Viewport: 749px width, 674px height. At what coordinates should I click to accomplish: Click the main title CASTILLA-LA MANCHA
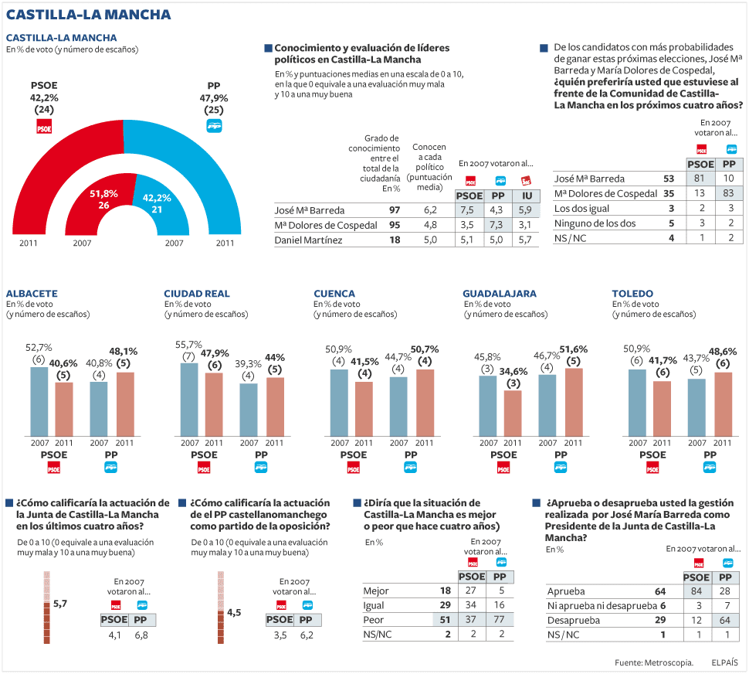89,15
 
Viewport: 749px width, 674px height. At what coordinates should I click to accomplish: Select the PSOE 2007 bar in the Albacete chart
39,401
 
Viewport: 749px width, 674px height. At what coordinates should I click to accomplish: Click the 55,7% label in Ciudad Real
189,345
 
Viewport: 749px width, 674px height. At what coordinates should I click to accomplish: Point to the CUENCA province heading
334,294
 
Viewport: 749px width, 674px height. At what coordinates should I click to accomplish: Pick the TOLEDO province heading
632,294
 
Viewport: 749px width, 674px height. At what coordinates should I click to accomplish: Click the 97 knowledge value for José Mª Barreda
394,209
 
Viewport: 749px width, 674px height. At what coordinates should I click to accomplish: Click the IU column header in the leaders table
526,196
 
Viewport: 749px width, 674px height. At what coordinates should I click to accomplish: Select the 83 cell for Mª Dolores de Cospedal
728,193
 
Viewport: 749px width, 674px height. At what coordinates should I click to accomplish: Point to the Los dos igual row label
582,209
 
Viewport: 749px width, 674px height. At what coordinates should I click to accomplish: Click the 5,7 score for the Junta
60,604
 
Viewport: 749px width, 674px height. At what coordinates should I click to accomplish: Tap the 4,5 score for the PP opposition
234,612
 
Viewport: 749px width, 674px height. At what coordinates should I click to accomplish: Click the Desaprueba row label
574,620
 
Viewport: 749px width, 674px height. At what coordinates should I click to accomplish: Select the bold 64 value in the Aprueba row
659,591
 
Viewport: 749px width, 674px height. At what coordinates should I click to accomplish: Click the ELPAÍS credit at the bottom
725,662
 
